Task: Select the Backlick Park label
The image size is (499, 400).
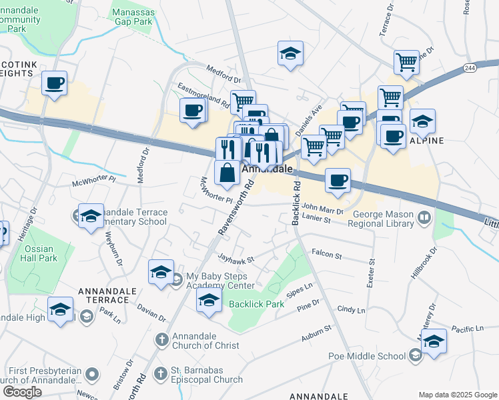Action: point(257,304)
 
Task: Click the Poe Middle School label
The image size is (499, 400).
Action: point(366,356)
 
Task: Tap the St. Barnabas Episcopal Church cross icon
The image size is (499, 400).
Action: point(161,374)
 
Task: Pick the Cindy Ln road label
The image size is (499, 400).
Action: point(352,310)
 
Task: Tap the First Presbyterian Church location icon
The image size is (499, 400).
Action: point(92,375)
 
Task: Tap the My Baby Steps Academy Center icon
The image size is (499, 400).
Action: point(177,277)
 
